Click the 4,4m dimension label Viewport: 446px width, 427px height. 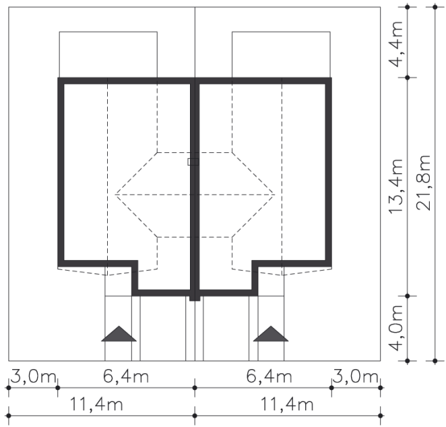396,44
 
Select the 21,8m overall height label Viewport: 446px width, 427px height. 424,183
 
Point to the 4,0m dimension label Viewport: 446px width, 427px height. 396,328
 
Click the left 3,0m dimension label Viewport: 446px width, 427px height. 33,376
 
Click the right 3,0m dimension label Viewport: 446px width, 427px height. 355,376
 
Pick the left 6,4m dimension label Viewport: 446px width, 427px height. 126,376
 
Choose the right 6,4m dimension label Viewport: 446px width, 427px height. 269,376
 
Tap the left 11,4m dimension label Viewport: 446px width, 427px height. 96,404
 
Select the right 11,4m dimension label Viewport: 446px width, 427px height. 287,404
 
